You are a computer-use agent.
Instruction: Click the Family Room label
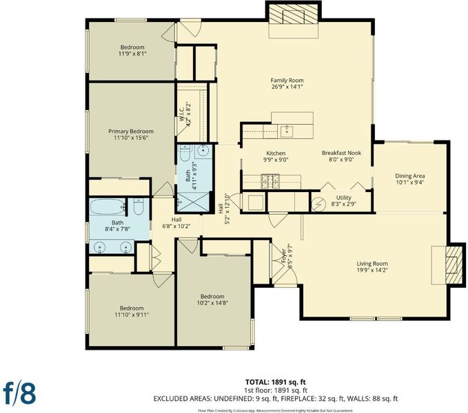287,81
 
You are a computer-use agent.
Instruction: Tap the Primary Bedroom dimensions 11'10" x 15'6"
131,138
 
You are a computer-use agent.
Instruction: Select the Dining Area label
410,176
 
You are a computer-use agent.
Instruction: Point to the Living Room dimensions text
372,271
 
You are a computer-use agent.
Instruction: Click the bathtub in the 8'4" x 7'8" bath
108,206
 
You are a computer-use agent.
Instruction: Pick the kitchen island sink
287,131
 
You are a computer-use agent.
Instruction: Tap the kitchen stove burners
270,181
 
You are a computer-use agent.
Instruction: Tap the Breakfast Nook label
341,153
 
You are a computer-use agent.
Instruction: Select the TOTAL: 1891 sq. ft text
276,382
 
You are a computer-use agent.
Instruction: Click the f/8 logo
20,393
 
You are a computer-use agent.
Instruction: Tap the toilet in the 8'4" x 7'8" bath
139,206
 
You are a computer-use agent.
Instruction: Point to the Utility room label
343,198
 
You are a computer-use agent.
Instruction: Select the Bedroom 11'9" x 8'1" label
132,47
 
